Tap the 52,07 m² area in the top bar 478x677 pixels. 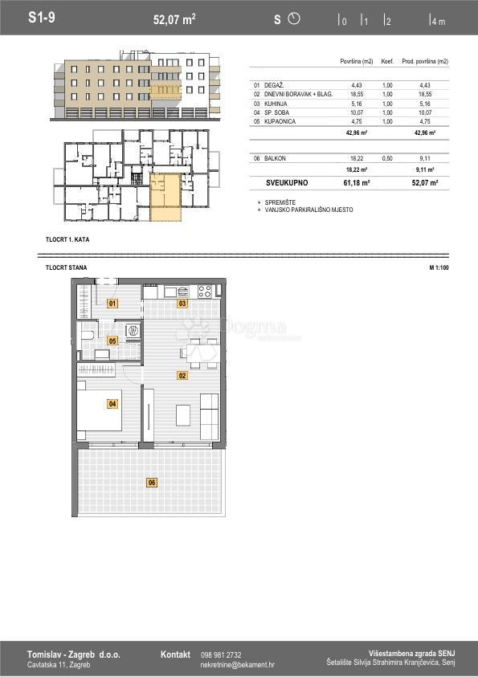(x=174, y=19)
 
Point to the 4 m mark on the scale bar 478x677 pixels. (x=437, y=21)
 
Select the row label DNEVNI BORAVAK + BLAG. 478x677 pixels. (x=292, y=94)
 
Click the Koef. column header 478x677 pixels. (x=387, y=62)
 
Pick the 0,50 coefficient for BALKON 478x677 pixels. (x=387, y=158)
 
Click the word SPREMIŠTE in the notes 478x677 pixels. (x=279, y=202)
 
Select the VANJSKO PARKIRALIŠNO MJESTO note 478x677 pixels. (x=308, y=210)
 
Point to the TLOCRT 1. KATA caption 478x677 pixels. (x=67, y=240)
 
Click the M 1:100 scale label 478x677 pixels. (x=439, y=267)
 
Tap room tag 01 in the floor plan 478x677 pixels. (x=112, y=304)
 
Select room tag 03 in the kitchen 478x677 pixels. (x=182, y=304)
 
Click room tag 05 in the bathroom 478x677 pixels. (x=112, y=341)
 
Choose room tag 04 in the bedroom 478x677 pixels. (x=112, y=404)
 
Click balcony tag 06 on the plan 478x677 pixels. (x=151, y=482)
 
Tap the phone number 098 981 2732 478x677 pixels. (x=221, y=655)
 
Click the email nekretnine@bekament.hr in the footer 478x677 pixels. (x=237, y=665)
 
